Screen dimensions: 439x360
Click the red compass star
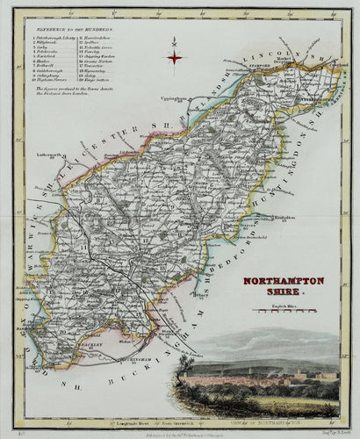[x=175, y=58]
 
